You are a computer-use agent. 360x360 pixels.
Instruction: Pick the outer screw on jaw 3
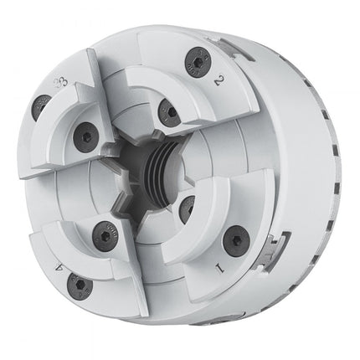point(39,105)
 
